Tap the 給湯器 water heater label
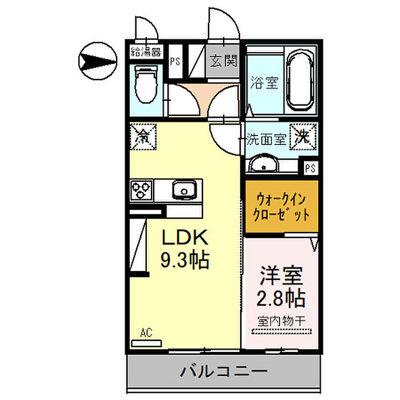tap(145, 53)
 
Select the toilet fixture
tap(144, 86)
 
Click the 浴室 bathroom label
tap(265, 83)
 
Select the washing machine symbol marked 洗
tap(302, 136)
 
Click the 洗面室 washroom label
tap(265, 139)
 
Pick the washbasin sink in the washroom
tap(263, 166)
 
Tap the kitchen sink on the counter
tap(185, 189)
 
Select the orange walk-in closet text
tap(282, 208)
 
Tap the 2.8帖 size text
tap(281, 298)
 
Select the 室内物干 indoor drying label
tap(281, 322)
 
